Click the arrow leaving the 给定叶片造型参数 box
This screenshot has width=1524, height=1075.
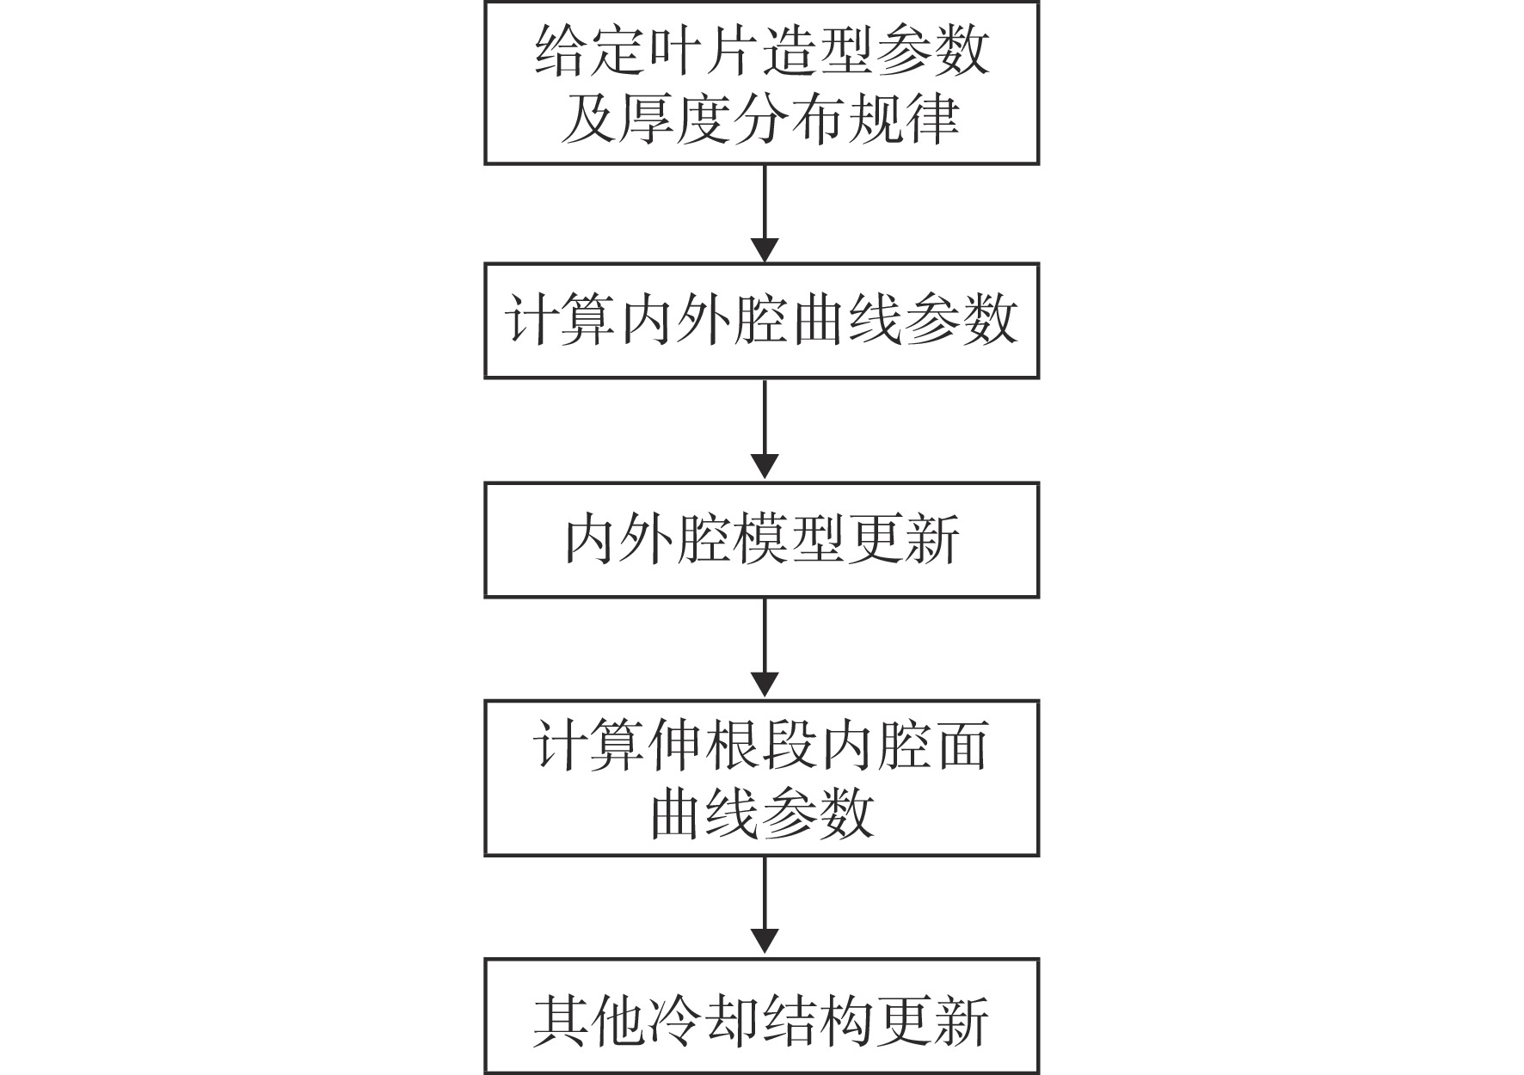pyautogui.click(x=764, y=213)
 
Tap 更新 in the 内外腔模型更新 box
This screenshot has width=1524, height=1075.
pyautogui.click(x=905, y=540)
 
